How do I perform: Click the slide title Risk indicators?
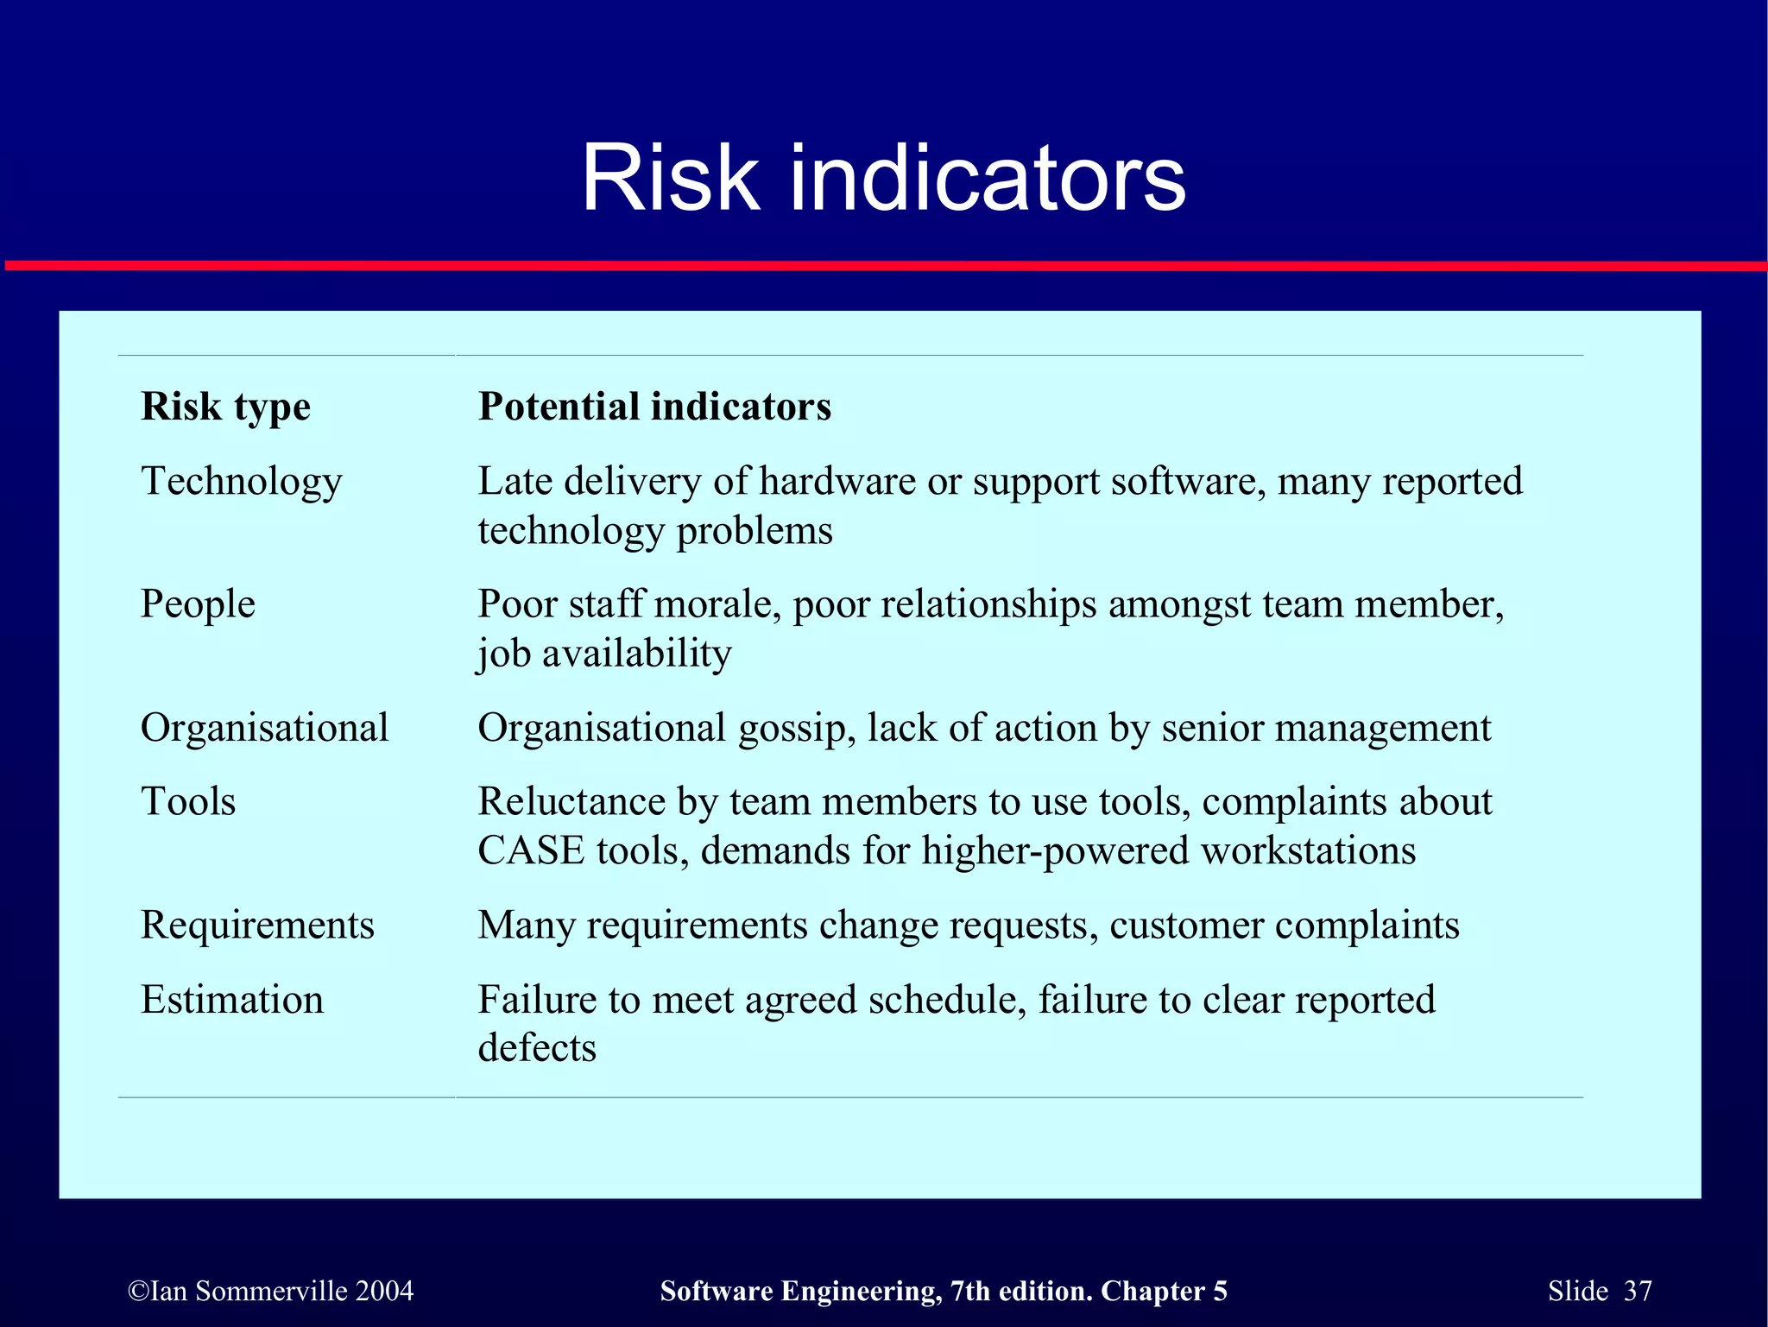883,178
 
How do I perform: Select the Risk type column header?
225,406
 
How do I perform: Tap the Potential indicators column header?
654,406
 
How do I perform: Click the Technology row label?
241,481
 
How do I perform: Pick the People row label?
198,603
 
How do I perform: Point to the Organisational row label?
264,728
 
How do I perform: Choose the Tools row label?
188,801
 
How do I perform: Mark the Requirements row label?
257,925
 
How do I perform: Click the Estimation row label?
232,1000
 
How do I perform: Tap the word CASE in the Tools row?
531,850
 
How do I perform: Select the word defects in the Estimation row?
537,1048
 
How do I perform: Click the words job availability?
604,654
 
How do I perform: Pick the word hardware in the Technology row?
837,481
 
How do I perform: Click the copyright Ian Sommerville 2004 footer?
270,1291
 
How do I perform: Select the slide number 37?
1637,1291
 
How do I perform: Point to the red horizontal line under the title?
883,266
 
